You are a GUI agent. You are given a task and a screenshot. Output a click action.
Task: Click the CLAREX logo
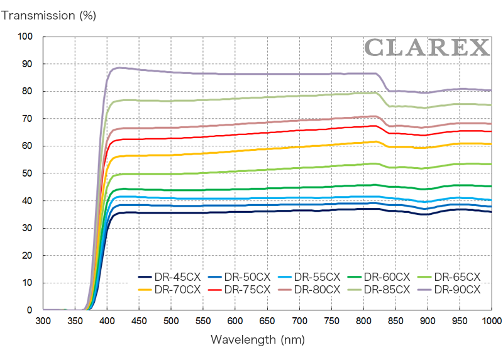[x=426, y=47]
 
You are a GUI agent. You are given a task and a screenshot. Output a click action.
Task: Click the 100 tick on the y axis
[x=25, y=36]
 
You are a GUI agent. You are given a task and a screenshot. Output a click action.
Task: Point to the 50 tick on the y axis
[x=27, y=173]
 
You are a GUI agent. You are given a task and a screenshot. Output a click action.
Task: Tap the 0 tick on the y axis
[x=30, y=310]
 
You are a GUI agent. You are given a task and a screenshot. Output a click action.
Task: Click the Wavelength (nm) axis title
[x=258, y=340]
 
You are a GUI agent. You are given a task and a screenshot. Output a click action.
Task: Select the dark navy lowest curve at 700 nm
[x=299, y=210]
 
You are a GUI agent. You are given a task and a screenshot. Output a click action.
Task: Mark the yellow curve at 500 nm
[x=171, y=155]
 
